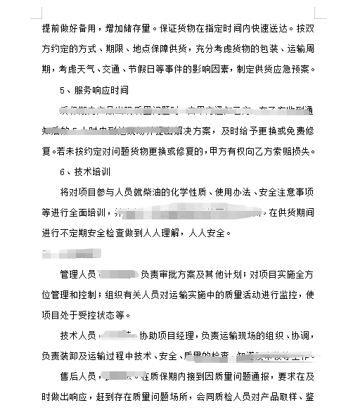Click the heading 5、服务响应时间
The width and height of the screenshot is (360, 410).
click(x=94, y=90)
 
